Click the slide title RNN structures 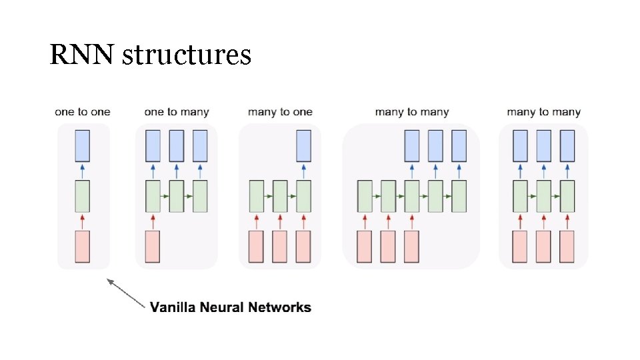coord(150,55)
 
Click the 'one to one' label coord(83,112)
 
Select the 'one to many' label coord(177,112)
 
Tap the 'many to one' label coord(280,112)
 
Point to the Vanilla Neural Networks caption coord(230,307)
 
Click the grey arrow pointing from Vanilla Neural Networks coord(127,294)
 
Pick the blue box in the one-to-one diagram coord(83,146)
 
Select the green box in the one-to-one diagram coord(83,196)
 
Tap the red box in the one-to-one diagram coord(83,247)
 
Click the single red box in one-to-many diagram coord(153,247)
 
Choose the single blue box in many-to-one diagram coord(303,146)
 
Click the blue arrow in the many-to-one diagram coord(303,171)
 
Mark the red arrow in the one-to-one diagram coord(83,221)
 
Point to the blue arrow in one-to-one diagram coord(83,171)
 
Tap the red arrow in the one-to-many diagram coord(153,221)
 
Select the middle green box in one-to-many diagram coord(177,196)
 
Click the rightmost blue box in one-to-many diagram coord(200,146)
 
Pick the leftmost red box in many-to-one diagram coord(256,247)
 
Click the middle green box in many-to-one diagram coord(280,196)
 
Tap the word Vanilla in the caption coord(170,307)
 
